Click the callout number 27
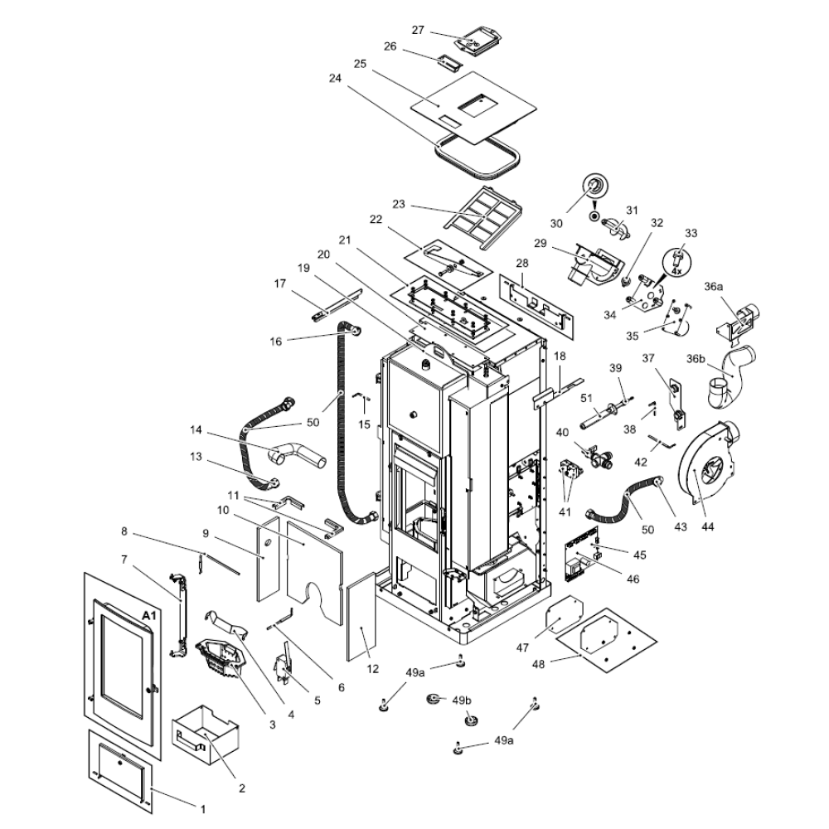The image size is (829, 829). point(418,30)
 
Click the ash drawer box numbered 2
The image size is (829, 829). point(204,733)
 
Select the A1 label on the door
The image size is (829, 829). point(149,616)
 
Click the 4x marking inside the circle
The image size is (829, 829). point(676,270)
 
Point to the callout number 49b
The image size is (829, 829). point(462,700)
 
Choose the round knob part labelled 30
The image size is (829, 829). point(594,187)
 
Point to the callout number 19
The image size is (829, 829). point(303,268)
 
